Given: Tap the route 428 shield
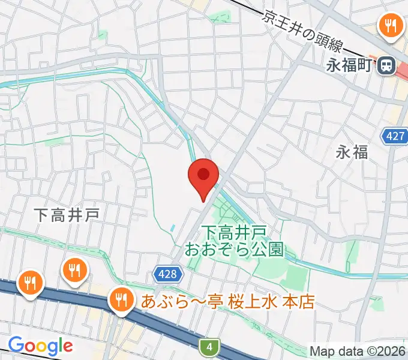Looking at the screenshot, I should pyautogui.click(x=169, y=273).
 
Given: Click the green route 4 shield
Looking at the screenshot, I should pyautogui.click(x=209, y=346).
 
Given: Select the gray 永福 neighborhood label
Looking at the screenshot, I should pyautogui.click(x=352, y=152).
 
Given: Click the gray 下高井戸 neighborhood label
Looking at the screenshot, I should pyautogui.click(x=66, y=215).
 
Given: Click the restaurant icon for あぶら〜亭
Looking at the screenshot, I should pyautogui.click(x=121, y=299).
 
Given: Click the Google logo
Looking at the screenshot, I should pyautogui.click(x=40, y=346).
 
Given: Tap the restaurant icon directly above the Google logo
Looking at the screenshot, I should pyautogui.click(x=29, y=283).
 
